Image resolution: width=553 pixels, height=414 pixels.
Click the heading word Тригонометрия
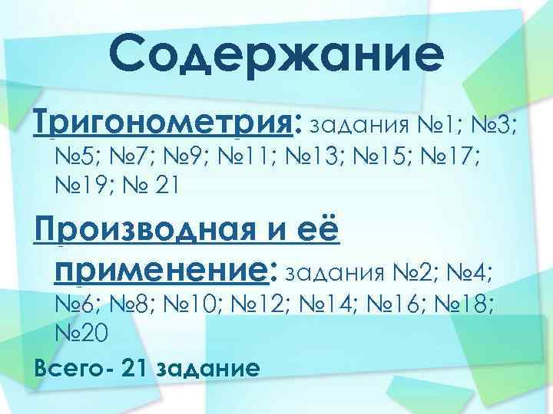click(x=164, y=121)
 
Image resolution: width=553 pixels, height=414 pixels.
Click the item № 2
click(x=422, y=271)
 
